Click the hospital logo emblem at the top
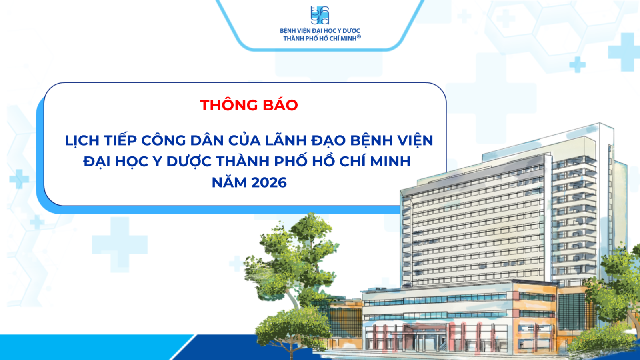[320, 16]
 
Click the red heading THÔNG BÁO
[249, 105]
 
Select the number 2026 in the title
[269, 182]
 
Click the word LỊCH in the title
[82, 141]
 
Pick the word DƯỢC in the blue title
[189, 162]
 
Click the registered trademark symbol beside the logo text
[359, 36]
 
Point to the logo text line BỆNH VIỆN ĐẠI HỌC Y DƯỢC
[320, 31]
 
